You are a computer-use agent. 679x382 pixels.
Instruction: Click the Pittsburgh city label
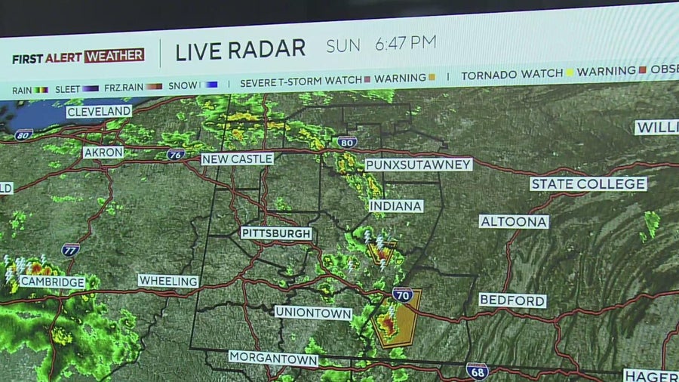[x=276, y=233]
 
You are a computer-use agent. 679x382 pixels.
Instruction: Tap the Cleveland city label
[x=98, y=112]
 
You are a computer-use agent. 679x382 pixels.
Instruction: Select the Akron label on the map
[x=103, y=152]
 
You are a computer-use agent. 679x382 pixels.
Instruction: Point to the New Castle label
[x=237, y=159]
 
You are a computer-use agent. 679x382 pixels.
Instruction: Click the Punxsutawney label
[x=418, y=165]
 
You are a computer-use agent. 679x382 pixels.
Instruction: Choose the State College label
[x=588, y=183]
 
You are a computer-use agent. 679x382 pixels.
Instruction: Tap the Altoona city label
[x=514, y=221]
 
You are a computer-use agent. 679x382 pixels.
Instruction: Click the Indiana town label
[x=395, y=205]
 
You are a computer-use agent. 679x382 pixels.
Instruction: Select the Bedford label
[x=512, y=300]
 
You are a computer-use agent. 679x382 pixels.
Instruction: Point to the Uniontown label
[x=313, y=312]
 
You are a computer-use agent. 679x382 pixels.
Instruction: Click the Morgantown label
[x=273, y=359]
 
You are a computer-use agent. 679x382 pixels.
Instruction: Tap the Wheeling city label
[x=168, y=280]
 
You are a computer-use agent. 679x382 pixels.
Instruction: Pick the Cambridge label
[x=52, y=282]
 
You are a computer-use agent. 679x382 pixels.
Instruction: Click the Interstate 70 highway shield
[x=402, y=294]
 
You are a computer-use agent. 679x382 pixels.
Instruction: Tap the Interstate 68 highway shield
[x=477, y=371]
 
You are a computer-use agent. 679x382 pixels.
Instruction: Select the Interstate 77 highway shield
[x=70, y=249]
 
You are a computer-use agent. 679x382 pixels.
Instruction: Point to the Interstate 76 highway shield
[x=175, y=154]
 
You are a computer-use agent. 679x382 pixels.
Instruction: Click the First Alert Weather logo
[x=78, y=56]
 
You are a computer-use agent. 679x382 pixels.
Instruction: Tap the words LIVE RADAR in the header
[x=240, y=51]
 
